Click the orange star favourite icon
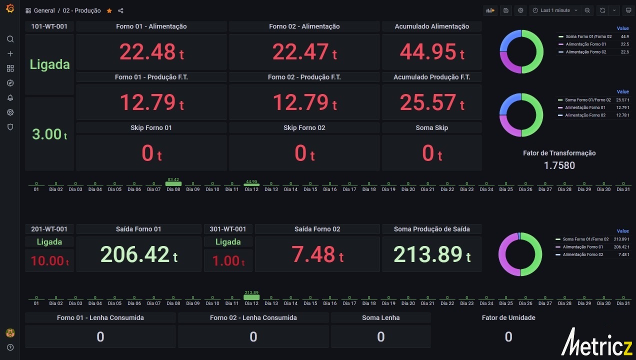coord(109,11)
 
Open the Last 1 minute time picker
coord(555,10)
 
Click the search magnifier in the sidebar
coord(10,39)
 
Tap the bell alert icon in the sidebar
coord(10,97)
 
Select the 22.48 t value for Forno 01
coord(151,52)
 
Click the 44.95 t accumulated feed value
coord(432,52)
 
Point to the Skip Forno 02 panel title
coord(304,128)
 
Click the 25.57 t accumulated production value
coord(432,102)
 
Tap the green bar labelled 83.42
coord(173,183)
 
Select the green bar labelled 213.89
coord(251,297)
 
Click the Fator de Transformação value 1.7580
coord(559,165)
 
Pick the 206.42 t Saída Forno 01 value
coord(139,254)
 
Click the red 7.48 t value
coord(317,254)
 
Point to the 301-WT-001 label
coord(228,229)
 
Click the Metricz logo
coord(597,342)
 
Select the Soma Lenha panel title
coord(380,317)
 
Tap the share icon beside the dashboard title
coord(120,11)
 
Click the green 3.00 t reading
coord(49,134)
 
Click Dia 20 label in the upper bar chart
coord(408,189)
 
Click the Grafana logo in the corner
coord(10,8)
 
